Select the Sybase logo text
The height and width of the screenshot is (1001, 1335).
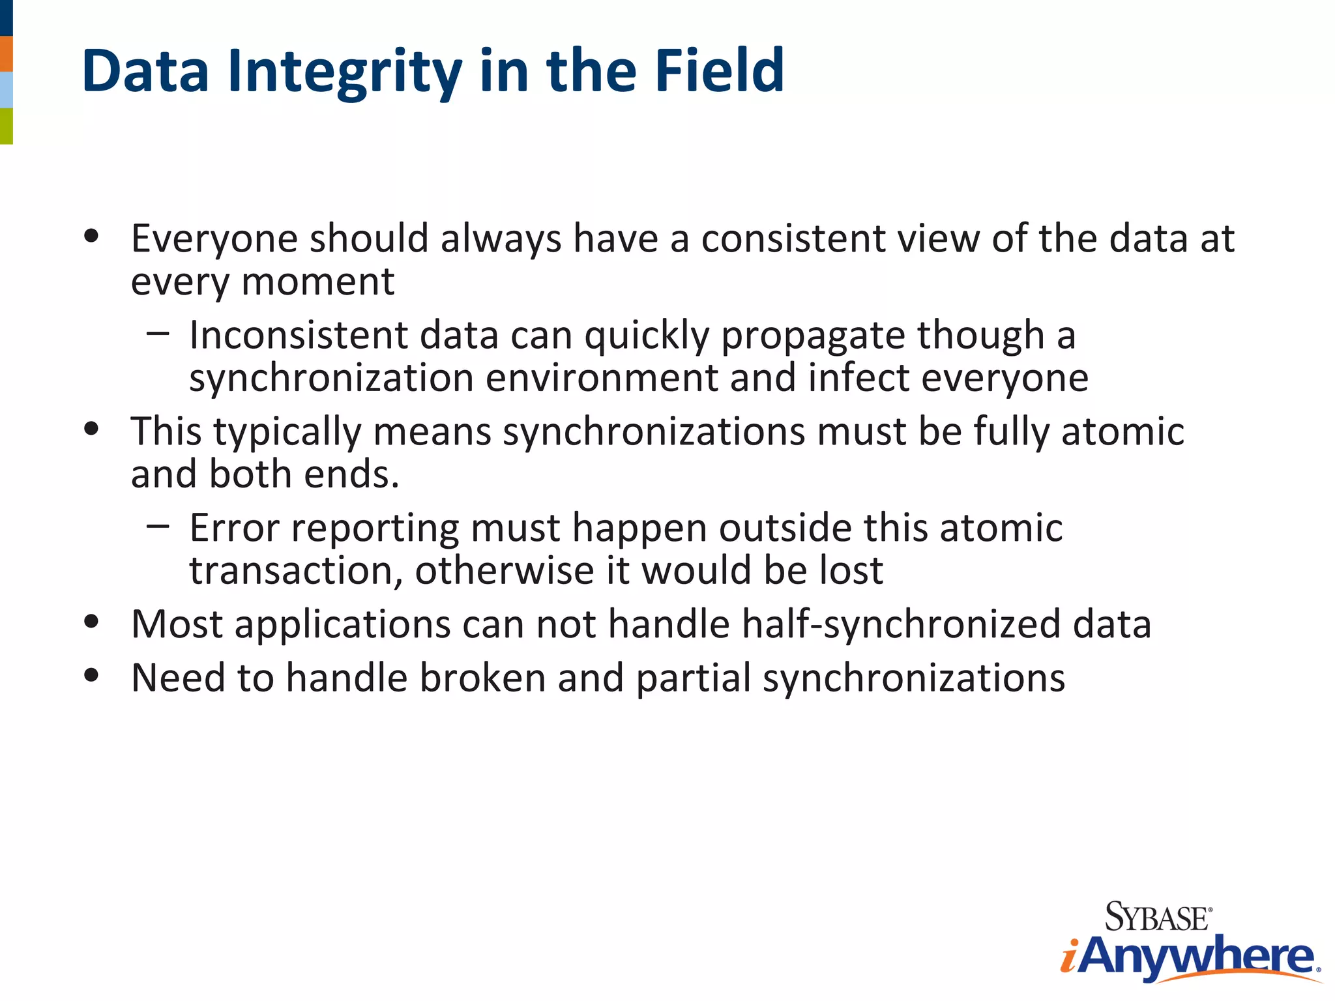1158,918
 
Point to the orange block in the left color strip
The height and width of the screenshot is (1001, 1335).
6,53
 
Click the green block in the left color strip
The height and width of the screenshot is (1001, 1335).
6,126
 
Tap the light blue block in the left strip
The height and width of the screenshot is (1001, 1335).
6,90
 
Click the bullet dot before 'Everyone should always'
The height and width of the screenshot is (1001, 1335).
91,236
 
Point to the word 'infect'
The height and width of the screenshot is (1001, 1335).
858,378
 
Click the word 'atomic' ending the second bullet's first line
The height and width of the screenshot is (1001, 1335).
1122,431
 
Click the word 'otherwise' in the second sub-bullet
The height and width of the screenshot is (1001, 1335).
504,571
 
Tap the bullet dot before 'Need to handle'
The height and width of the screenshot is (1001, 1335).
91,676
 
